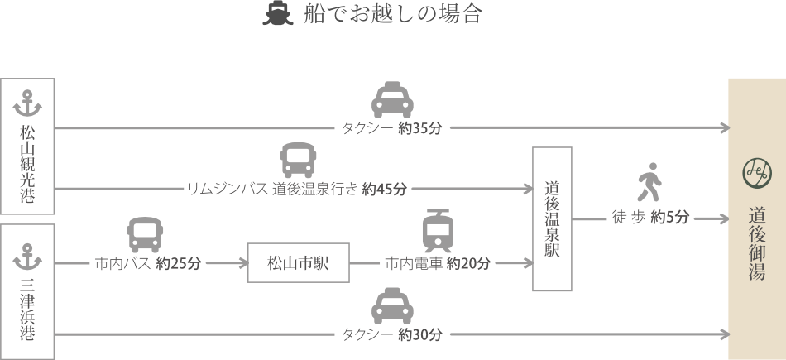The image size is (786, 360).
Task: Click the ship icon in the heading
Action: click(277, 13)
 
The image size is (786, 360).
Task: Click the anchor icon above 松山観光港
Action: click(27, 103)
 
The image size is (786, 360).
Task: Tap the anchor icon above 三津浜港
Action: click(27, 257)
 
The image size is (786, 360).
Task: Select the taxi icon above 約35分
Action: click(392, 100)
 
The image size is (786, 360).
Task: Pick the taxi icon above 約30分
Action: click(392, 306)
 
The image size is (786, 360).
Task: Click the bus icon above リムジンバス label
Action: click(298, 160)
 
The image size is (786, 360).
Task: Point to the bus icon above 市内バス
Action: click(145, 235)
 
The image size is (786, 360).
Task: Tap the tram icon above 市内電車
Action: click(438, 231)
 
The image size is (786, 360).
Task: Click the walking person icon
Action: click(649, 181)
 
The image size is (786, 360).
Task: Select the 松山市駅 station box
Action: click(299, 262)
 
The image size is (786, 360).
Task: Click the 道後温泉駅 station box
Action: click(552, 218)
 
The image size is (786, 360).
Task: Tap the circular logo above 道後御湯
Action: click(757, 174)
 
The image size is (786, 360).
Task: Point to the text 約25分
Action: click(179, 263)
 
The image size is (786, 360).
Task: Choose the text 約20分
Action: click(468, 263)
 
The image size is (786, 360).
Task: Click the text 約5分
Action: click(669, 217)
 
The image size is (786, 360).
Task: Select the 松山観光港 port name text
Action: click(27, 165)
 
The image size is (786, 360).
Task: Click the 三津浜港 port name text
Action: click(27, 310)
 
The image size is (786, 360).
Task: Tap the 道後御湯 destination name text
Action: click(757, 242)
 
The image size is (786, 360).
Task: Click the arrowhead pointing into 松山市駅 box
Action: click(244, 262)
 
